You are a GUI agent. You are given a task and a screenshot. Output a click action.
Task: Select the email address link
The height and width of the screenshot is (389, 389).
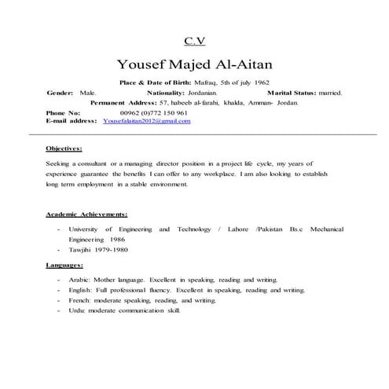pos(146,122)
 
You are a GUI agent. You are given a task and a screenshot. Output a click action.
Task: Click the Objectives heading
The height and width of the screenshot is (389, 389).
pos(64,148)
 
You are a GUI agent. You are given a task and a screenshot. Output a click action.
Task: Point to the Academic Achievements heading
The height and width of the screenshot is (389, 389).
pos(86,214)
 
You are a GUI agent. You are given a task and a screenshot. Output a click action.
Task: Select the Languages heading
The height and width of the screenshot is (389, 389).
pos(67,265)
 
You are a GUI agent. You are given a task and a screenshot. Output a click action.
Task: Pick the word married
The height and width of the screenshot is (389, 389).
pos(328,93)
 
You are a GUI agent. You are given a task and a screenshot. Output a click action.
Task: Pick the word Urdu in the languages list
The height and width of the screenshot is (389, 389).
pos(76,310)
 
